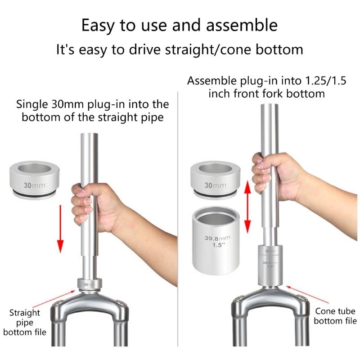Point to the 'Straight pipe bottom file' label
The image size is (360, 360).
(x=25, y=322)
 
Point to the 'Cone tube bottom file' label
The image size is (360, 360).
(x=335, y=316)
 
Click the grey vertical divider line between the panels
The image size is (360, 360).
(x=179, y=202)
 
